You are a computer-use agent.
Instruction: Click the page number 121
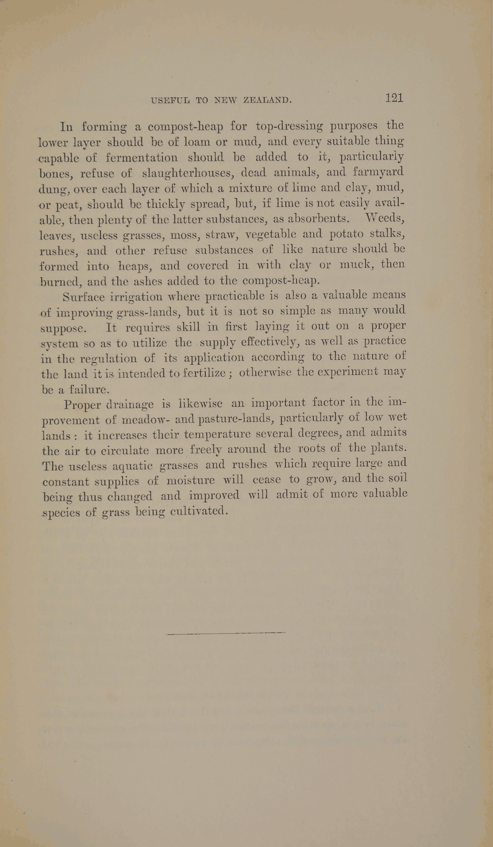point(394,98)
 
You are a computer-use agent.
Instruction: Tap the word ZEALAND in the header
point(268,100)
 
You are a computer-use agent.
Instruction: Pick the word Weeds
point(384,218)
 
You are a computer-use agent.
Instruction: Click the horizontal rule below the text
point(226,633)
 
